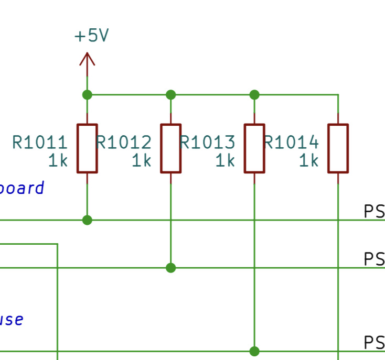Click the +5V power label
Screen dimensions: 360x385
click(91, 36)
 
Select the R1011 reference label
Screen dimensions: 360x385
click(40, 143)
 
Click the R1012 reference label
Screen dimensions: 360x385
click(124, 143)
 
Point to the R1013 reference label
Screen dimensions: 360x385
click(208, 143)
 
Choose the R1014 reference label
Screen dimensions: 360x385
click(291, 143)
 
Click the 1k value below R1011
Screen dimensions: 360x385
click(58, 161)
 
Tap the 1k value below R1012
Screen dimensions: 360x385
click(141, 161)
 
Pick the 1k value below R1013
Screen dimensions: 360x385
click(225, 161)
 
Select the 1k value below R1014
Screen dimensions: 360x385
click(308, 161)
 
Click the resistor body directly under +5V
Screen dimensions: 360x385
click(87, 148)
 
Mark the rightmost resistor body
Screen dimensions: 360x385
click(338, 148)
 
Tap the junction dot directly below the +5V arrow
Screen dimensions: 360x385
click(87, 95)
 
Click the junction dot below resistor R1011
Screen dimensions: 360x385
click(87, 220)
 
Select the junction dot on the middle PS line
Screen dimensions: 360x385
click(170, 268)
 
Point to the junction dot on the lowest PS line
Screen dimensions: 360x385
click(254, 351)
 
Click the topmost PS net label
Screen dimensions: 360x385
click(374, 212)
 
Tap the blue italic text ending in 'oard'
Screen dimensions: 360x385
click(22, 188)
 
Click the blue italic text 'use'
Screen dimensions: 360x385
click(12, 319)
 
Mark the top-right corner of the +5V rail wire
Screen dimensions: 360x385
click(338, 95)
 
